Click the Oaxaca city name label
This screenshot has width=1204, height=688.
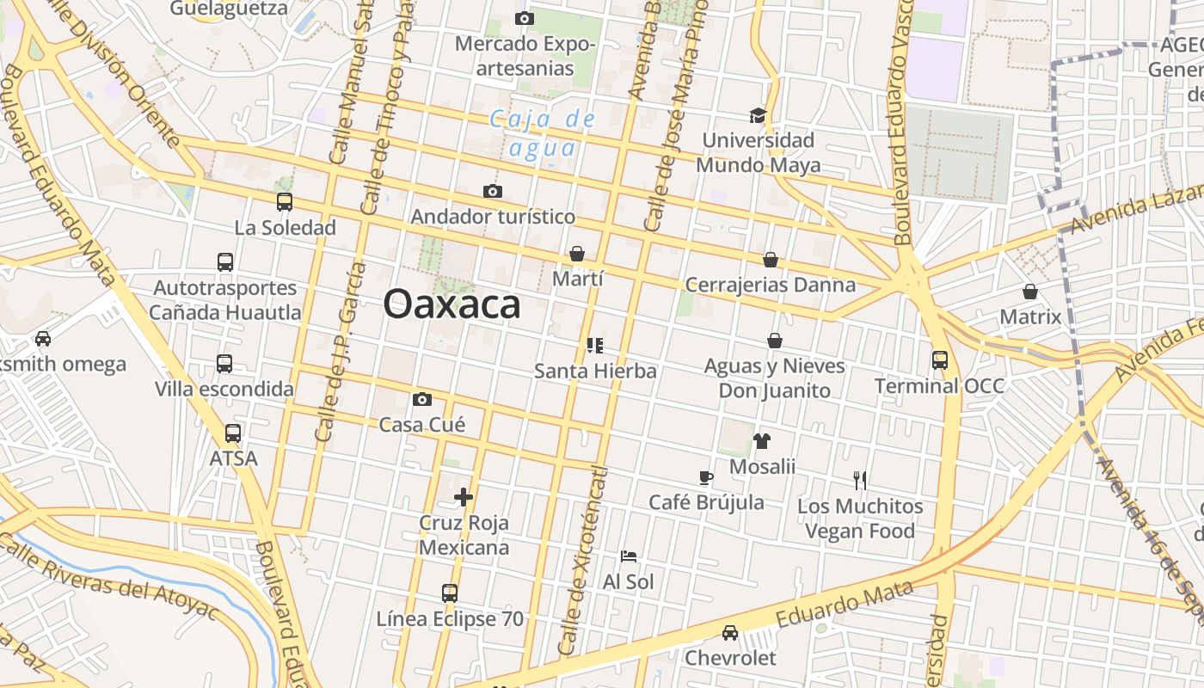click(451, 304)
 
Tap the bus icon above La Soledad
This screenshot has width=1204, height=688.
click(285, 202)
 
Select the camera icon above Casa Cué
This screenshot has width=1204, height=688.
click(422, 399)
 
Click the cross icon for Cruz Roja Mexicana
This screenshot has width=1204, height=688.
click(464, 497)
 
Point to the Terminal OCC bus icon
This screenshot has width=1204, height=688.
click(940, 360)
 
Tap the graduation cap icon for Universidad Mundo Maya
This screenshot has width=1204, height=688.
click(758, 115)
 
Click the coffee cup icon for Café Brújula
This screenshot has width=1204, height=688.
click(706, 477)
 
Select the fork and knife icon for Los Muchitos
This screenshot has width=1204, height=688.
click(860, 480)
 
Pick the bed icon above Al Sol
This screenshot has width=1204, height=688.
click(629, 556)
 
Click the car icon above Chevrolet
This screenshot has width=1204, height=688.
click(730, 633)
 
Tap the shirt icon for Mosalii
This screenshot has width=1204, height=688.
click(762, 441)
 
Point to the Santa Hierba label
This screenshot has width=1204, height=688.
click(595, 372)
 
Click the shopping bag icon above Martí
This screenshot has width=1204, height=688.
click(577, 254)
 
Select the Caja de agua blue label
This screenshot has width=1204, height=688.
click(543, 133)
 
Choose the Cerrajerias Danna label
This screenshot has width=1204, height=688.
click(771, 285)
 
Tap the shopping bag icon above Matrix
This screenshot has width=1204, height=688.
click(1030, 292)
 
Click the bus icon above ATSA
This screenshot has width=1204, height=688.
click(233, 433)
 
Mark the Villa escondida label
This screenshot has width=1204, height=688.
click(224, 390)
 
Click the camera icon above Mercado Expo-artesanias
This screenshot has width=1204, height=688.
click(525, 18)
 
